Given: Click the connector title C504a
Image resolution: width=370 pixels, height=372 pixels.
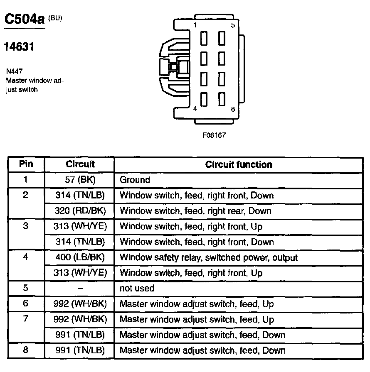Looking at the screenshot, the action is [x=24, y=19].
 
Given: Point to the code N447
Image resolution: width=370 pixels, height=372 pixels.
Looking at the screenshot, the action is [x=15, y=71].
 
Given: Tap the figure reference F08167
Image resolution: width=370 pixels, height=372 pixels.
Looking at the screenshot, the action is [x=214, y=135].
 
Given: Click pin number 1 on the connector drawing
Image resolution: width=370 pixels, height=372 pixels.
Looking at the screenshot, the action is [x=194, y=25].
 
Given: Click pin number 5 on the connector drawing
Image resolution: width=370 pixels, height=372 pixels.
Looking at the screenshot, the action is [x=232, y=25].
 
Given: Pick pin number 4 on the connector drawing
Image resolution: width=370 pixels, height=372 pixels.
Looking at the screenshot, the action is [x=195, y=109].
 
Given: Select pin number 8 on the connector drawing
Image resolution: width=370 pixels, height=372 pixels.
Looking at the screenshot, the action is [x=233, y=109].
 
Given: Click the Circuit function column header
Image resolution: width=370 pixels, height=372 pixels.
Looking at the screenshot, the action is [x=239, y=164].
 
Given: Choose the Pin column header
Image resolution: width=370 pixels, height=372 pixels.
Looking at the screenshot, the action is [x=26, y=164].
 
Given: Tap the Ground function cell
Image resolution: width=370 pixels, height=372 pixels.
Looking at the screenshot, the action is [x=135, y=180].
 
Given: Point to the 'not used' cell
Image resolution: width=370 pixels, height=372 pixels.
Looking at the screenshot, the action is [x=137, y=288].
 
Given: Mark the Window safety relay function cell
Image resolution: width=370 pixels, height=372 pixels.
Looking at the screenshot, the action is [x=209, y=257].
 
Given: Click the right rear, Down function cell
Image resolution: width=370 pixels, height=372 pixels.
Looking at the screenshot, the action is [x=195, y=211].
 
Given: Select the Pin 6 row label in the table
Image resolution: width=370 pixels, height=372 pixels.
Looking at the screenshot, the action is [x=26, y=304].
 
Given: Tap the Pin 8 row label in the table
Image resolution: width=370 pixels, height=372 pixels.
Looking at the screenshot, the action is [x=26, y=350].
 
